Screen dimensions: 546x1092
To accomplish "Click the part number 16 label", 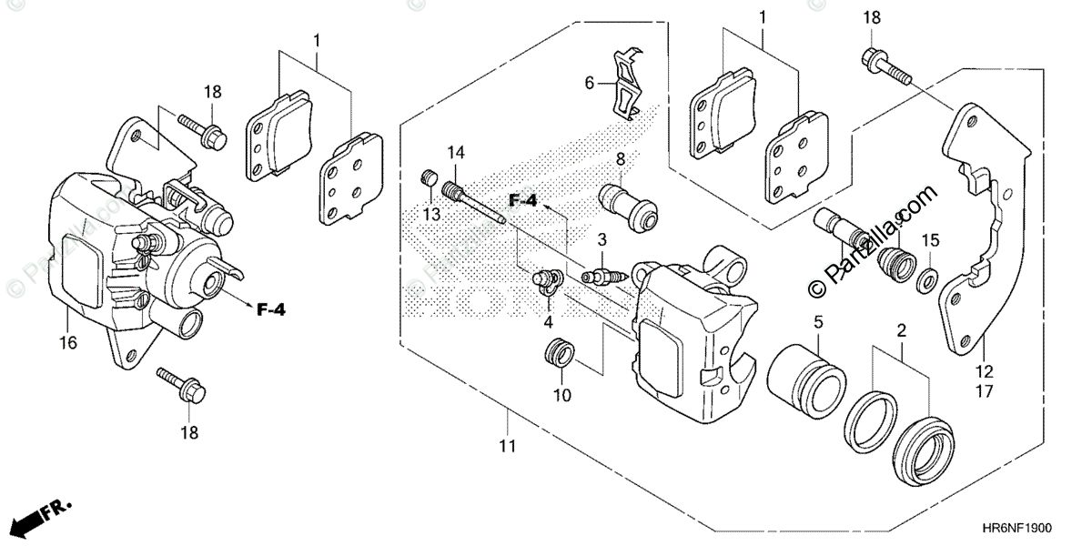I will click(x=69, y=343).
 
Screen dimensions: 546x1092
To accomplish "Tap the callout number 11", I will click(x=507, y=447).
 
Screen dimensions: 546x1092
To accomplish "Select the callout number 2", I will click(x=901, y=331).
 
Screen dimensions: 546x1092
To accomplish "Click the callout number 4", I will click(x=549, y=322).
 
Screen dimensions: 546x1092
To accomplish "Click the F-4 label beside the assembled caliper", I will click(x=270, y=310).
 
